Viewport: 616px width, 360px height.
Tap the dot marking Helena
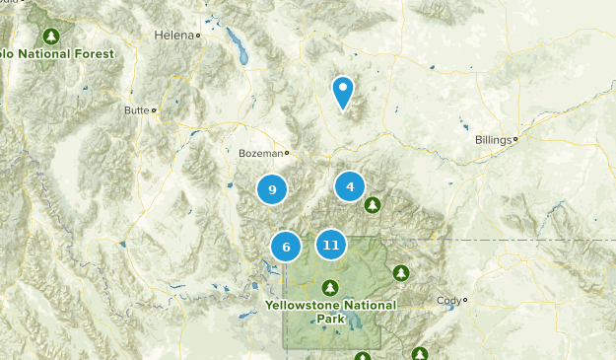coord(198,36)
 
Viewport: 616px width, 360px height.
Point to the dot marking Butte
coord(154,109)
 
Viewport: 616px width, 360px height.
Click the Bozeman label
coord(260,153)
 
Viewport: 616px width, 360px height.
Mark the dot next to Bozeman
coord(287,153)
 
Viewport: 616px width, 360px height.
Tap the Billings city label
coord(492,140)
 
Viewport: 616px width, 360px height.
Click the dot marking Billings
coord(515,140)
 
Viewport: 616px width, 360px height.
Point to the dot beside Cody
coord(465,300)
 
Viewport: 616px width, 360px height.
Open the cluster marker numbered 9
coord(272,189)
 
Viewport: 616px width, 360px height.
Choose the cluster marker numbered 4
coord(350,185)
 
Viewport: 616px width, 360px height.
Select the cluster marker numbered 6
coord(286,247)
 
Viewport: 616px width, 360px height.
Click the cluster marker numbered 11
coord(331,245)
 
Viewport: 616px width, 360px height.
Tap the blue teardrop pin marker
coord(343,92)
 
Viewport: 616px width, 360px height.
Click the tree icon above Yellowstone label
coord(331,287)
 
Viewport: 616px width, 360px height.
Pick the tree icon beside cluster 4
coord(372,205)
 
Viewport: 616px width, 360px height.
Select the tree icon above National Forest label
coord(54,36)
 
